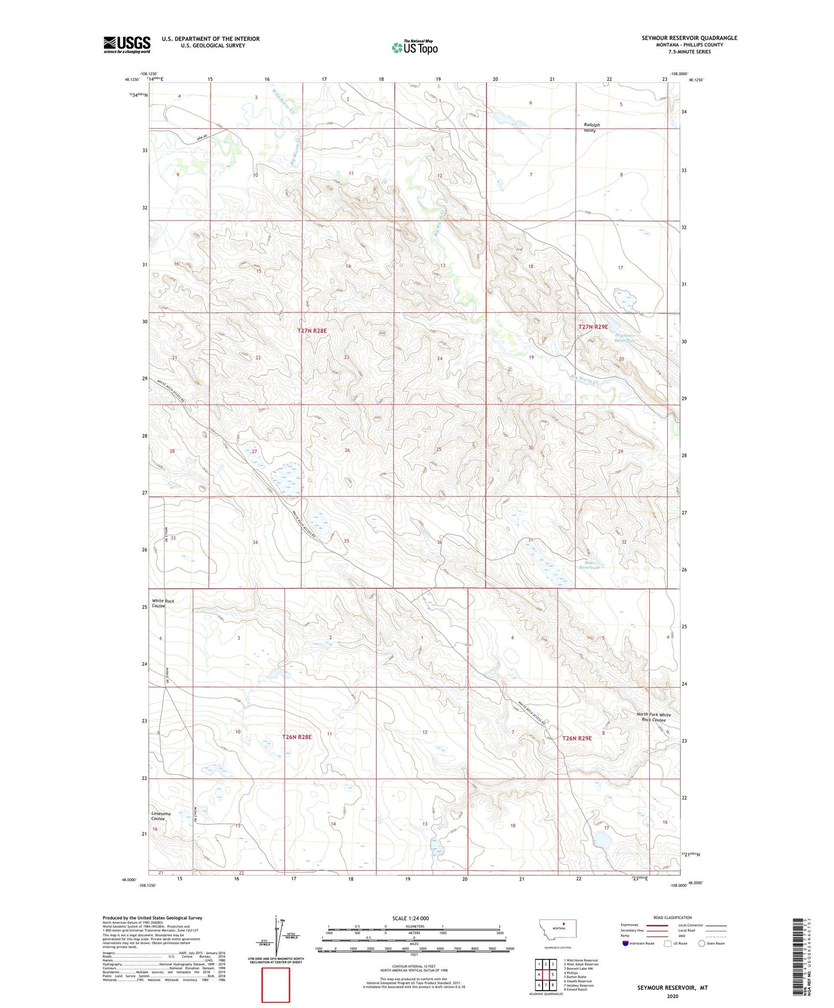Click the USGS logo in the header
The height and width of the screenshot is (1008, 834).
point(127,44)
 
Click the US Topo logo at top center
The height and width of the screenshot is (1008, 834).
point(414,47)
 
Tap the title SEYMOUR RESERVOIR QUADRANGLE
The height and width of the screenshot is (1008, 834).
point(689,38)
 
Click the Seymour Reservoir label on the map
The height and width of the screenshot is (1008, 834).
point(624,338)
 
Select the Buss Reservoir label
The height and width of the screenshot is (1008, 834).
point(589,565)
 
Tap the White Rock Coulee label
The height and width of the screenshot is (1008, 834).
point(163,603)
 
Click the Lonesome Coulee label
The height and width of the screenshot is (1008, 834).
point(161,816)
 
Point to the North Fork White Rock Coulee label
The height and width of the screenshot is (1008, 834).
point(653,717)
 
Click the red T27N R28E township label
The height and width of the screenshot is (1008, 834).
point(312,331)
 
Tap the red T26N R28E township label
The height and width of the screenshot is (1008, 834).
point(297,737)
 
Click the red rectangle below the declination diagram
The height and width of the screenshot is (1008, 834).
point(276,985)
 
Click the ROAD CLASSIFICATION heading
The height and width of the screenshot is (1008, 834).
point(672,917)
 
